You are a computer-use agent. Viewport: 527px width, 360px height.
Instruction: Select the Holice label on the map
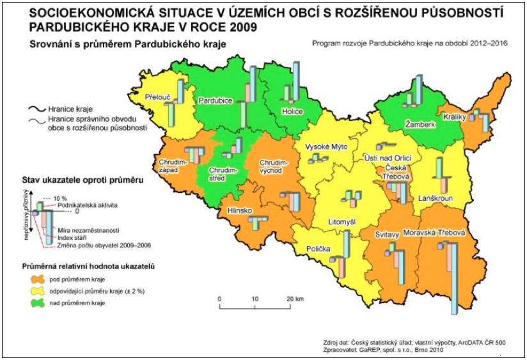click(x=292, y=111)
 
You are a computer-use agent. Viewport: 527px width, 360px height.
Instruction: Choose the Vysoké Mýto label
click(x=326, y=146)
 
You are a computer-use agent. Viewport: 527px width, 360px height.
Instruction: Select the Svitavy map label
click(x=388, y=235)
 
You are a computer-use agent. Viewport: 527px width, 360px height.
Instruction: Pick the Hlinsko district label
click(x=237, y=210)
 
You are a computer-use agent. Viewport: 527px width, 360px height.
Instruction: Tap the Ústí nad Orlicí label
click(x=386, y=158)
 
